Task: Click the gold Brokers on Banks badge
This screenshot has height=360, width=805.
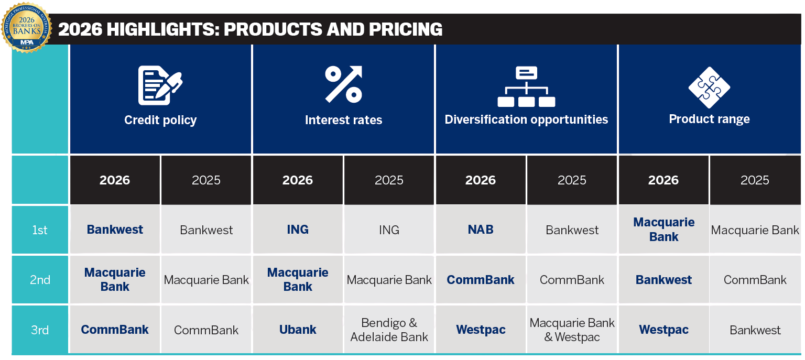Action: [27, 27]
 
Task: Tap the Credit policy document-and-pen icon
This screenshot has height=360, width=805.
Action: [160, 85]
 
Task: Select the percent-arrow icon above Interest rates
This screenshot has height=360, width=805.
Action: [343, 84]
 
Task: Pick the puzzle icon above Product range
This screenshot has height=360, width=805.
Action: [709, 87]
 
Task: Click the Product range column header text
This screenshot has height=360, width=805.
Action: [709, 119]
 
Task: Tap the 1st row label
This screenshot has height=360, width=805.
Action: [40, 230]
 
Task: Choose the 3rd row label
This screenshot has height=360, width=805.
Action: [40, 330]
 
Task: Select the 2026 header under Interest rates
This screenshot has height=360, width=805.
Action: [297, 180]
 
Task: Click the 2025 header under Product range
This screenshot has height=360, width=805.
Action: [755, 180]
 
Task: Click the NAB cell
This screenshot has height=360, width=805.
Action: [480, 230]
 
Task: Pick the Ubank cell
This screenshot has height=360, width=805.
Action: [298, 330]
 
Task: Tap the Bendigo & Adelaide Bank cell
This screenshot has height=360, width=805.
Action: [389, 330]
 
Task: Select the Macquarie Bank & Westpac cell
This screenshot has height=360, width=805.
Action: [572, 330]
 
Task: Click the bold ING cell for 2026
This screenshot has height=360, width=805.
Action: [298, 230]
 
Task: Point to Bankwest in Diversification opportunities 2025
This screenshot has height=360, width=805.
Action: [572, 230]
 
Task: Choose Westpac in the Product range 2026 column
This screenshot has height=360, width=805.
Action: [663, 330]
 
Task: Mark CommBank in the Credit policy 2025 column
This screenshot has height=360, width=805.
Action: [206, 330]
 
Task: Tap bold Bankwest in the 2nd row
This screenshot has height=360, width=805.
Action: [663, 280]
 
